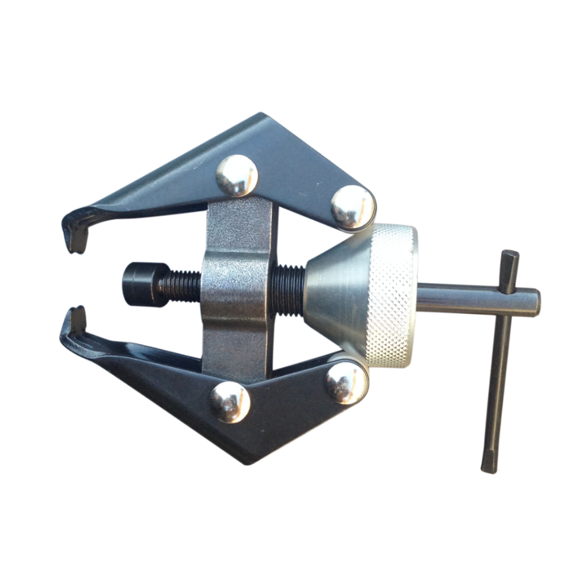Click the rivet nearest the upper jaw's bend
coord(236,176)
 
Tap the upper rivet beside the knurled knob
coord(353,207)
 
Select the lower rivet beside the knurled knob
coord(347,382)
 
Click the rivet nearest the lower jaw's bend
coord(229,402)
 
